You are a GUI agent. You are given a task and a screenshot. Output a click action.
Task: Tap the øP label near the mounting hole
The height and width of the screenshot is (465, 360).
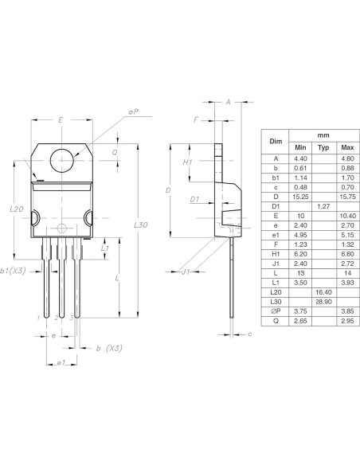[x=132, y=112]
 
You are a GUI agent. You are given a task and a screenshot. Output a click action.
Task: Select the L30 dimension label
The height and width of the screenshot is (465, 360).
[x=141, y=226]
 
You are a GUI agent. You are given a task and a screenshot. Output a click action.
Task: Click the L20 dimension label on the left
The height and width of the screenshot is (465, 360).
[x=16, y=209]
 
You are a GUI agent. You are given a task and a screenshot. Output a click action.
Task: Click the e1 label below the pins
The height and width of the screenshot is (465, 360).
[x=60, y=363]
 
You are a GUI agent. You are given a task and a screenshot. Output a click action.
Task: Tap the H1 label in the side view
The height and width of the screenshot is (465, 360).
[x=188, y=162]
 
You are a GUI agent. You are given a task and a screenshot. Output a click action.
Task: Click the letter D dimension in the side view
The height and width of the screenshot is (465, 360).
[x=168, y=191]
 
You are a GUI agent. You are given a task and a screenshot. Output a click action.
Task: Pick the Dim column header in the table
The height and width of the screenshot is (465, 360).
[x=276, y=141]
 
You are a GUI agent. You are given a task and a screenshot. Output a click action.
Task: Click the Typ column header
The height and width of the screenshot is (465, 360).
[x=323, y=148]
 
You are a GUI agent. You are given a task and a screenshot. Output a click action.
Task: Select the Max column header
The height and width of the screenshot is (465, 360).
[x=346, y=148]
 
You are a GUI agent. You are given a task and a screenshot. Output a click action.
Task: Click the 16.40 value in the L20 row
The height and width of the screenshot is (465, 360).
[x=323, y=293]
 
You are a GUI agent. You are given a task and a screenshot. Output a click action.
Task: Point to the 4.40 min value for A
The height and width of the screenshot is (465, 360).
[x=300, y=159]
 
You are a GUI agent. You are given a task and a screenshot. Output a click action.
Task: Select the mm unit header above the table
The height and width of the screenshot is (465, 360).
[x=323, y=136]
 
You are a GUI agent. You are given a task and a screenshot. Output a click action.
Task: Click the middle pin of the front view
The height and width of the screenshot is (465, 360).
[x=62, y=279]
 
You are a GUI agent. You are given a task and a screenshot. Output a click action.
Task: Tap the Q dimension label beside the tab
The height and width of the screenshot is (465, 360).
[x=115, y=151]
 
